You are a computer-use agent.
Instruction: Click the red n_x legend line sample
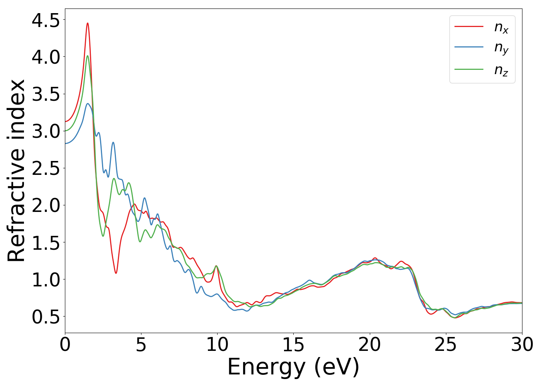[x=469, y=26]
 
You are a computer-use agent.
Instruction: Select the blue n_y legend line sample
[x=469, y=47]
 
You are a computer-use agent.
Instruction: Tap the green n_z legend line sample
[x=469, y=69]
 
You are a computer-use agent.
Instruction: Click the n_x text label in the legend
[x=501, y=27]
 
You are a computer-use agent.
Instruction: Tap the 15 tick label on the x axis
[x=293, y=345]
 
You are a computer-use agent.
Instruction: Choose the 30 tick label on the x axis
[x=522, y=345]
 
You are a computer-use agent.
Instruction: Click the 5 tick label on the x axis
[x=141, y=345]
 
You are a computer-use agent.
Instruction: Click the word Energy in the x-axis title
[x=268, y=367]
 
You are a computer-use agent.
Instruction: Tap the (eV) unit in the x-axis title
[x=337, y=367]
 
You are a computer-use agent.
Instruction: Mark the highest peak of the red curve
[x=88, y=23]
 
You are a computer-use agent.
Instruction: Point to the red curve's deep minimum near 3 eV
[x=116, y=273]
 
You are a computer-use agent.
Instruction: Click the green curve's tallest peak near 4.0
[x=88, y=56]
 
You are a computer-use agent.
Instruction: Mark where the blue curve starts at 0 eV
[x=65, y=144]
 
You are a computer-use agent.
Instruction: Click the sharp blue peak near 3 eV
[x=113, y=142]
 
